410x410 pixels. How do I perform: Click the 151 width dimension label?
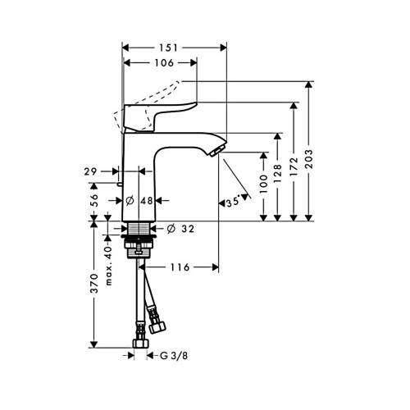tap(169, 48)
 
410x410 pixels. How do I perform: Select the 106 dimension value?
tap(164, 63)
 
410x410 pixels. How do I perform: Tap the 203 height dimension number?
tap(309, 158)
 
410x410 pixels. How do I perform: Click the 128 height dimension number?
tap(277, 174)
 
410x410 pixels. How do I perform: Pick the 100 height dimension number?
tap(263, 184)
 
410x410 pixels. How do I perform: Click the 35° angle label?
tap(233, 203)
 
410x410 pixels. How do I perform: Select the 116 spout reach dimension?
tap(180, 267)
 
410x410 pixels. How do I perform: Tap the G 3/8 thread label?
tap(174, 356)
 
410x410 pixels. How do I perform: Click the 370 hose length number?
tap(94, 283)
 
